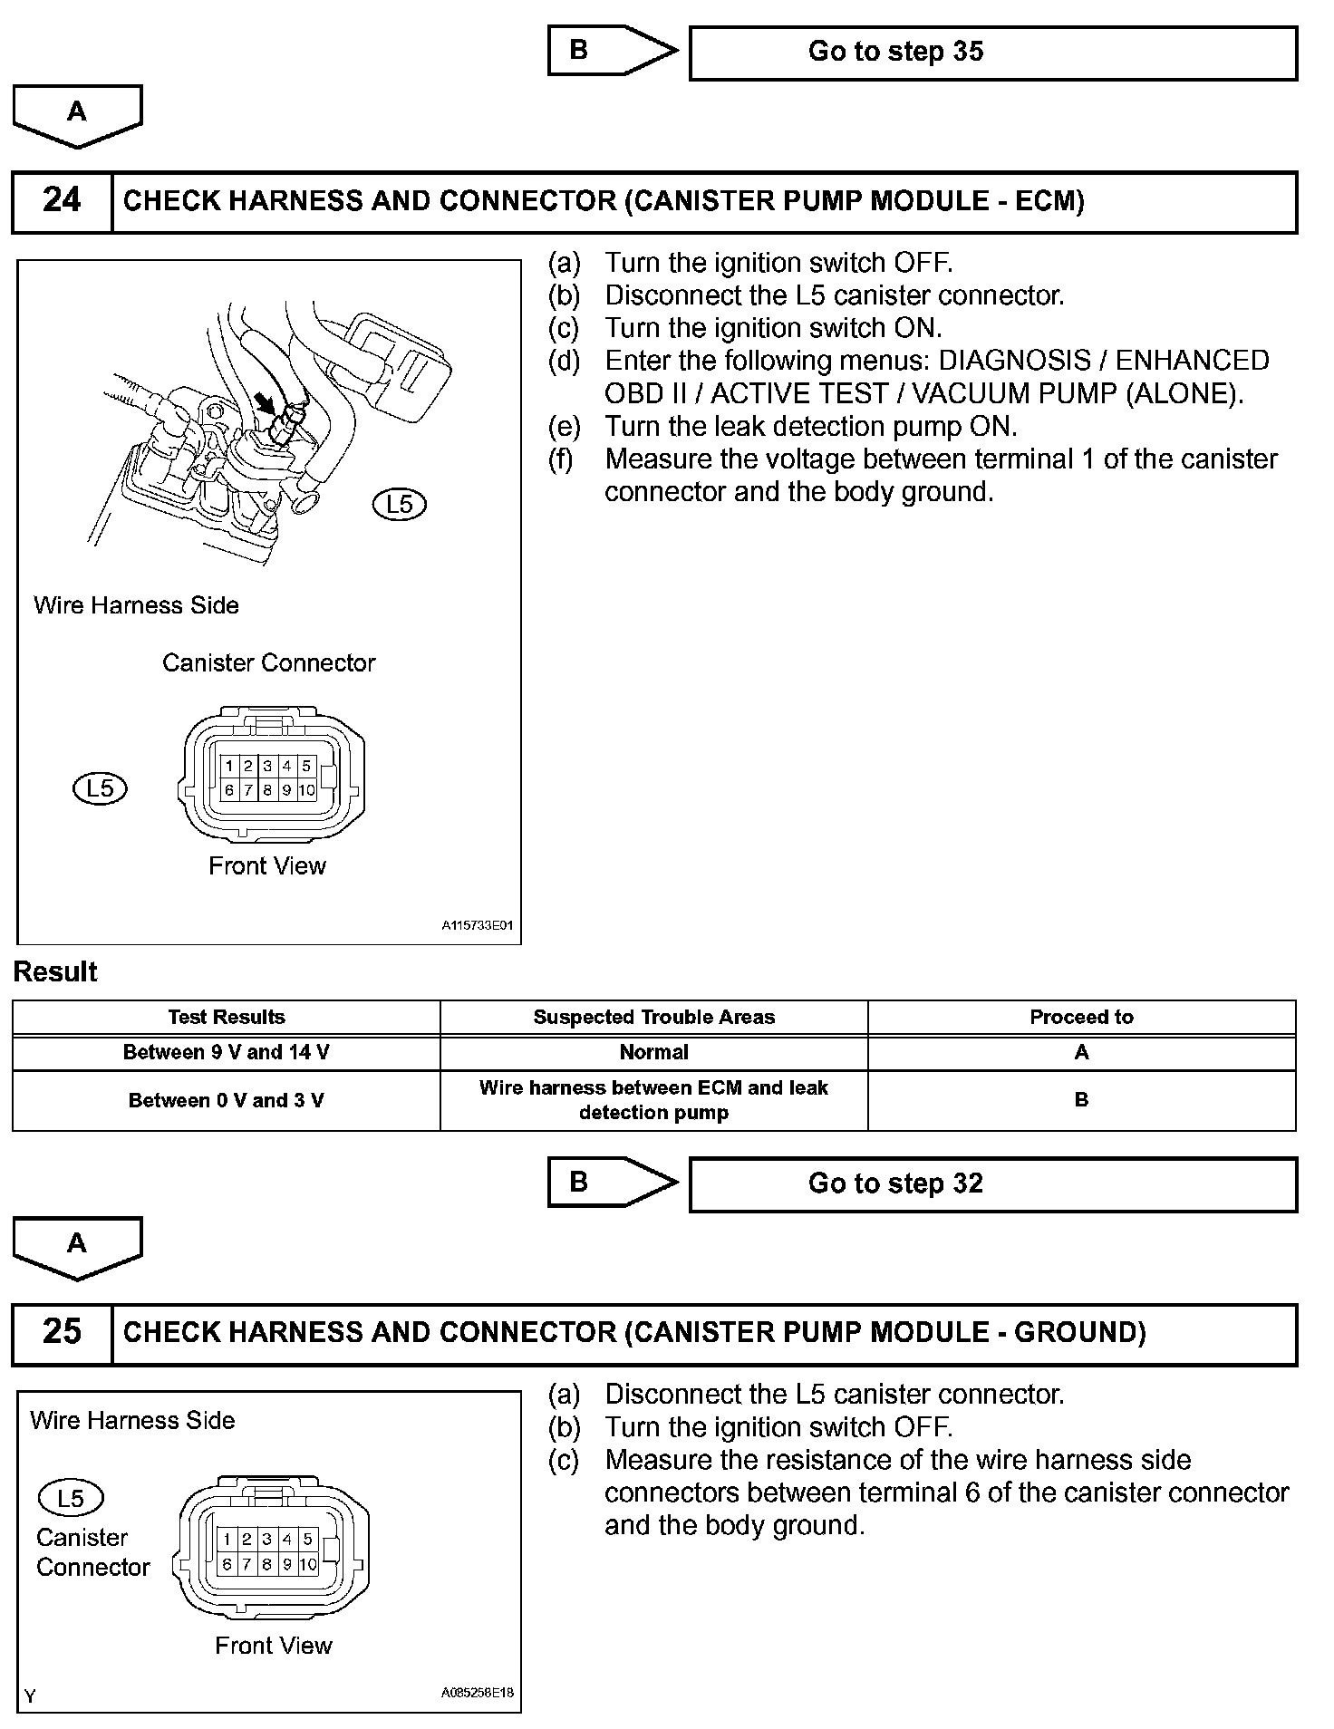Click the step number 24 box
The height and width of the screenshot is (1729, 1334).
pyautogui.click(x=62, y=201)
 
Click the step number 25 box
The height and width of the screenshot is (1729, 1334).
pyautogui.click(x=62, y=1332)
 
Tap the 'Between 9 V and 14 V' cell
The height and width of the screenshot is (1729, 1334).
pyautogui.click(x=226, y=1052)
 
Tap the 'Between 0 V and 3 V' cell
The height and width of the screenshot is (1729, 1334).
pyautogui.click(x=226, y=1100)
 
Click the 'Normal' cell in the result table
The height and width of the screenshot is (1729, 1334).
pyautogui.click(x=653, y=1052)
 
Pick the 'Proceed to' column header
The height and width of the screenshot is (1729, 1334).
pyautogui.click(x=1081, y=1017)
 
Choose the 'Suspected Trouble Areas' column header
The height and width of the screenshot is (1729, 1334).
pyautogui.click(x=653, y=1017)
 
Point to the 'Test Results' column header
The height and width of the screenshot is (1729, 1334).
pyautogui.click(x=226, y=1017)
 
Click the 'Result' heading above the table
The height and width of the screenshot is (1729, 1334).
pyautogui.click(x=55, y=972)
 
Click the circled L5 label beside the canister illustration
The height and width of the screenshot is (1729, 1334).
pyautogui.click(x=400, y=505)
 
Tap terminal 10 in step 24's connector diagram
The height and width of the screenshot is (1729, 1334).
pyautogui.click(x=306, y=790)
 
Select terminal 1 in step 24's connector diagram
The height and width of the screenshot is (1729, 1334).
pyautogui.click(x=229, y=767)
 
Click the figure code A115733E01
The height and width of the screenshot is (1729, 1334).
pyautogui.click(x=478, y=926)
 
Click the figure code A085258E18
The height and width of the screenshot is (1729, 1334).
pyautogui.click(x=478, y=1692)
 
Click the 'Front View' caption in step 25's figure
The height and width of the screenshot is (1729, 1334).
pyautogui.click(x=274, y=1645)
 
